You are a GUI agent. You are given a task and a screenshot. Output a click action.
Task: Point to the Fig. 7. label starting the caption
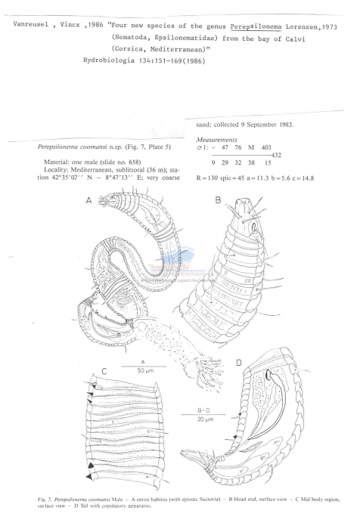point(48,499)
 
